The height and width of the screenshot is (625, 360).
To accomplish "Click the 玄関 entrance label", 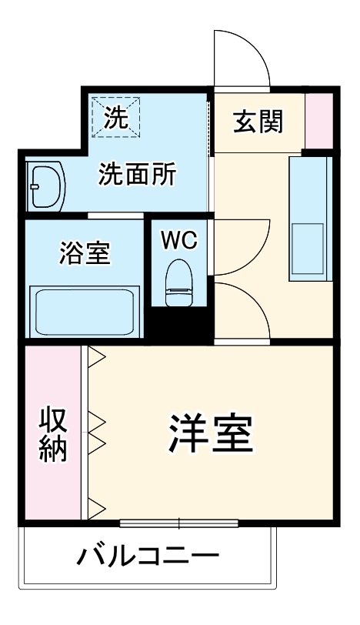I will (x=258, y=121).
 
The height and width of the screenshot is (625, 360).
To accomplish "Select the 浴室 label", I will (x=84, y=252).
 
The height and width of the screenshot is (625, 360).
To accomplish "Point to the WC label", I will (x=178, y=239).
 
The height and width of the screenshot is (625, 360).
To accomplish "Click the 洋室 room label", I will (x=211, y=434).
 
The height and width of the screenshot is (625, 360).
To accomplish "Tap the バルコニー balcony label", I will (x=148, y=556).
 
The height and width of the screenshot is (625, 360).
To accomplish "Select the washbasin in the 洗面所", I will (x=45, y=185).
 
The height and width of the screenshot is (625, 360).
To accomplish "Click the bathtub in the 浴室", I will (x=83, y=311).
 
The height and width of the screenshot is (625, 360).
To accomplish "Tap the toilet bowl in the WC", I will (x=179, y=281).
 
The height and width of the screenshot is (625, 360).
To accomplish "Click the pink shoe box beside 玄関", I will (x=318, y=121).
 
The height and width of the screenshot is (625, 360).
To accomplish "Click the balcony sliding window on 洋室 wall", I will (x=179, y=524).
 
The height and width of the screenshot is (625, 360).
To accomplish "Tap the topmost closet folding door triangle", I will (x=96, y=356).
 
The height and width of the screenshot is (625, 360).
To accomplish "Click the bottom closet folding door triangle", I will (x=96, y=506).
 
